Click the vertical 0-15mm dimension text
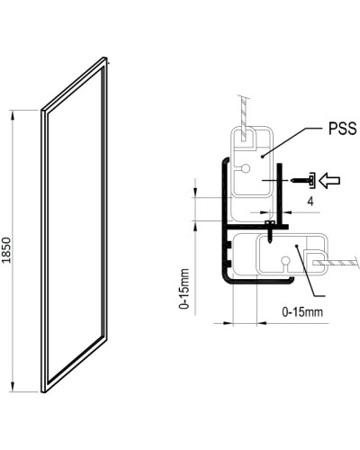pos(184,287)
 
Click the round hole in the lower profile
pos(283,262)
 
